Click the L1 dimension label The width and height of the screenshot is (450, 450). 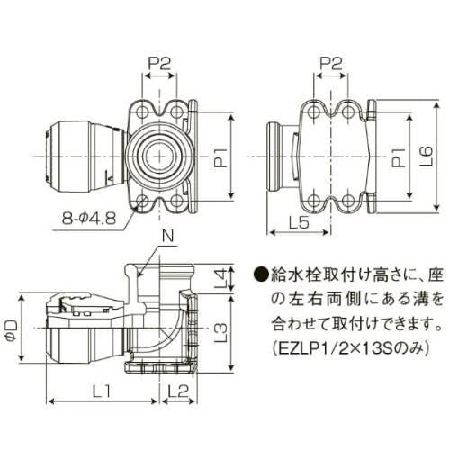click(x=102, y=390)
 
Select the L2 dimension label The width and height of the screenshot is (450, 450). click(x=177, y=390)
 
